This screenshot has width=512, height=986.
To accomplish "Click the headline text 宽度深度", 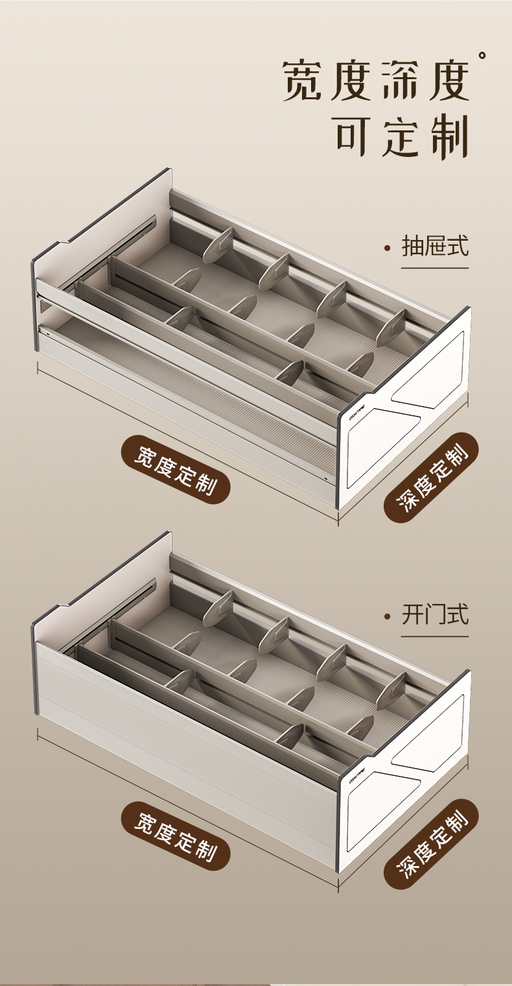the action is click(x=376, y=82).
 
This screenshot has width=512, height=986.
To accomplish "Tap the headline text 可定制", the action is click(x=402, y=136).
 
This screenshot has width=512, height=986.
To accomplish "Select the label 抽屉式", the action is click(x=435, y=246).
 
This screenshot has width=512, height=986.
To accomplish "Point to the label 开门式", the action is click(x=435, y=614).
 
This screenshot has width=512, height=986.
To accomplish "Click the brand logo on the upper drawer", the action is click(x=358, y=418).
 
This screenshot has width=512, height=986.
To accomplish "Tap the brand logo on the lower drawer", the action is click(x=358, y=781).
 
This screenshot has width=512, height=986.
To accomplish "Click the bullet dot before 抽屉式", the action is click(x=388, y=248).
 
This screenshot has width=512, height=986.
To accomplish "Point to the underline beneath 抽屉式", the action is click(x=434, y=267).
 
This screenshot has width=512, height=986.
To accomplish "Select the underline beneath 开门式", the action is click(x=434, y=636).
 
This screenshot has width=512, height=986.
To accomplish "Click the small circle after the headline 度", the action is click(x=482, y=56).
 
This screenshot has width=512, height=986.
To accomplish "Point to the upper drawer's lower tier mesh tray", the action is click(x=194, y=389).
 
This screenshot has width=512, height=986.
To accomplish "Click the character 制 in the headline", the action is click(x=449, y=136).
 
